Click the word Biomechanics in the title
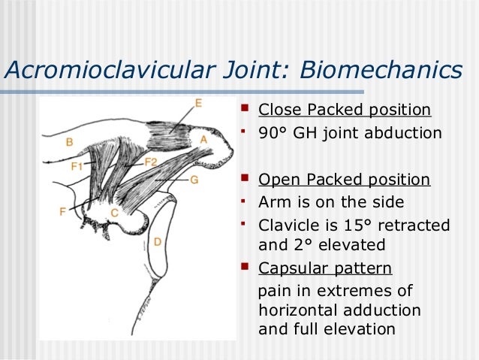coord(381,70)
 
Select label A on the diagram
coord(203,140)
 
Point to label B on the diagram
coord(69,141)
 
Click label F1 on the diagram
coord(77,167)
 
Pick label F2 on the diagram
coord(150,162)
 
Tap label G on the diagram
coord(194,180)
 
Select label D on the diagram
coord(157,241)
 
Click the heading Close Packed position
coord(345,110)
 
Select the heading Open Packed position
coord(344,180)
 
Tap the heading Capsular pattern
coord(324,268)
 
